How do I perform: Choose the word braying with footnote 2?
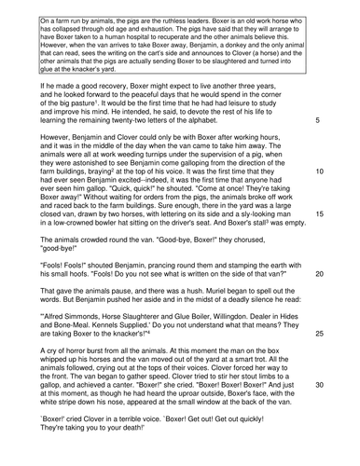pos(121,172)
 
